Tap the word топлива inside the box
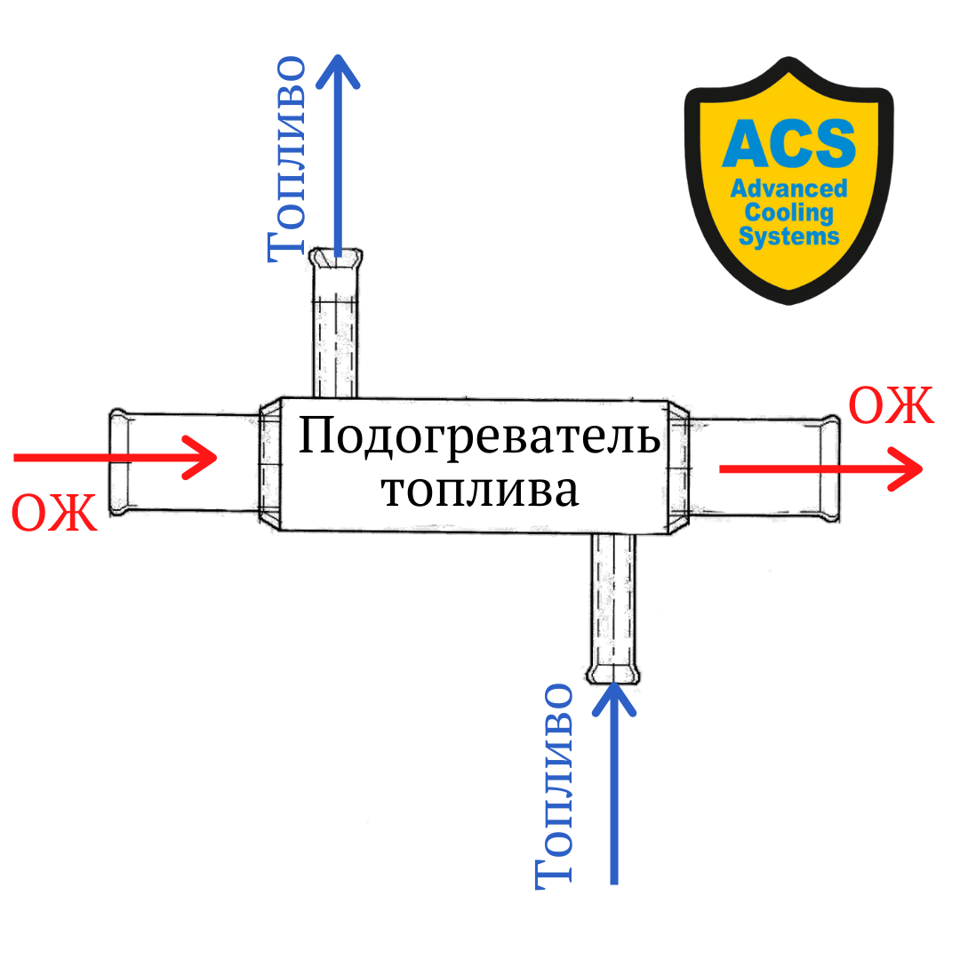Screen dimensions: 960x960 point(480,491)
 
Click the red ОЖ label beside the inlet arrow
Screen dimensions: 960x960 point(54,513)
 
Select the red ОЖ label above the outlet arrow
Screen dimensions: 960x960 point(891,407)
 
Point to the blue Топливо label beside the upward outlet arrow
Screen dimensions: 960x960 point(286,160)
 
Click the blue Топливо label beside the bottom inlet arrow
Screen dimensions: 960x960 point(553,786)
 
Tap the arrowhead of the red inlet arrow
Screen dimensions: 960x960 point(206,458)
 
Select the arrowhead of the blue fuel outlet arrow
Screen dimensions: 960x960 point(338,69)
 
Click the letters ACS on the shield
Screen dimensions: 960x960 point(788,143)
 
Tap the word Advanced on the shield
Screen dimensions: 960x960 point(788,188)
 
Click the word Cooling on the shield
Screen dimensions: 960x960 point(788,212)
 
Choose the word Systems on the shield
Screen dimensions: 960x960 point(788,236)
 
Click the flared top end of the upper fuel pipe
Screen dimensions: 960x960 point(335,259)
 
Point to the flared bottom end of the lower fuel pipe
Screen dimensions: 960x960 point(613,674)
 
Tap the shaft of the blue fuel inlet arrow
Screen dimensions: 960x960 point(613,800)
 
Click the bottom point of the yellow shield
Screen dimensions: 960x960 point(788,300)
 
